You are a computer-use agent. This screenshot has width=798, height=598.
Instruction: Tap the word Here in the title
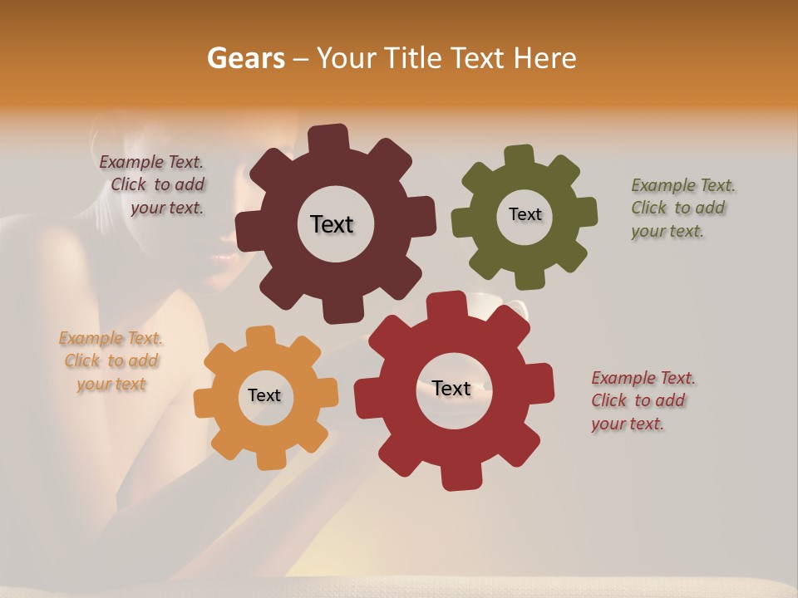tap(544, 58)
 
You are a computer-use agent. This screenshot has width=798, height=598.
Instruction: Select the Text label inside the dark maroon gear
tap(332, 224)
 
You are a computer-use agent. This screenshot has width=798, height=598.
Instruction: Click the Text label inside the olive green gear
tap(525, 214)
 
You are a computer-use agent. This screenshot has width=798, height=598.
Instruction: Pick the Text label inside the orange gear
tap(264, 395)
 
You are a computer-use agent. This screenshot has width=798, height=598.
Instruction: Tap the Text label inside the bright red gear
tap(451, 388)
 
